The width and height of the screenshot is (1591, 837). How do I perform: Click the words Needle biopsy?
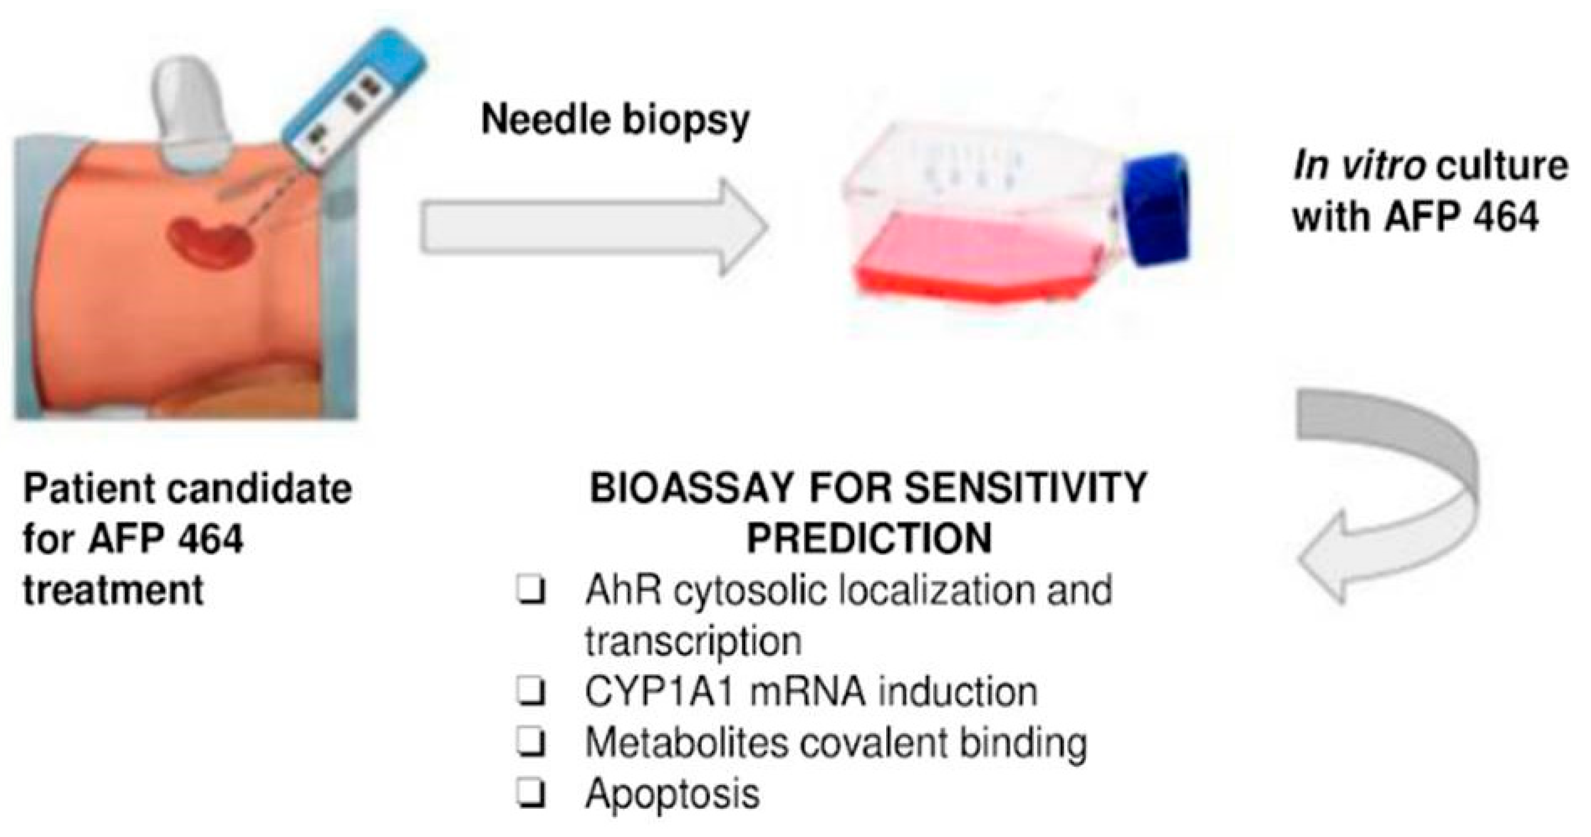tap(615, 121)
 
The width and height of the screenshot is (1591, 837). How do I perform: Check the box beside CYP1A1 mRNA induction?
tap(532, 692)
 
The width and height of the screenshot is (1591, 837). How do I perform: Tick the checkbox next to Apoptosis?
tap(532, 793)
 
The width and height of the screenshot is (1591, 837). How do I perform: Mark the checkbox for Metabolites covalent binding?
tap(532, 743)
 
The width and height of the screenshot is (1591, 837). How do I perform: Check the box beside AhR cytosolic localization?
tap(532, 591)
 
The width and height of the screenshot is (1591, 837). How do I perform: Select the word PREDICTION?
tap(869, 539)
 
